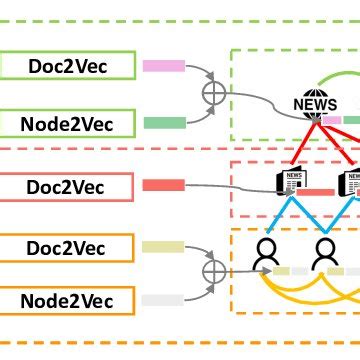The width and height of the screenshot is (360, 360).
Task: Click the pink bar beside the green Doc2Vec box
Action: coord(164,67)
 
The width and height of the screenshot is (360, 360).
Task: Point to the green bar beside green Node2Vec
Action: coord(164,123)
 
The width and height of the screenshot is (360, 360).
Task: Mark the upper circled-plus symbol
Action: coord(214,95)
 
